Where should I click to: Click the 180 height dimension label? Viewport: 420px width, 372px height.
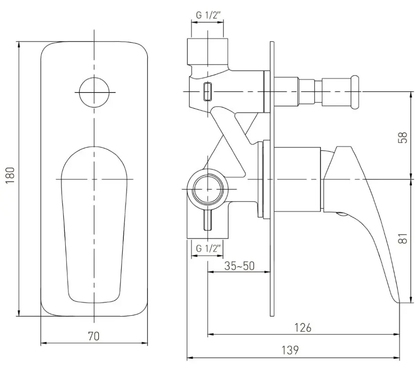click(x=10, y=176)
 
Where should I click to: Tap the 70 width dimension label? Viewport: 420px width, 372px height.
click(x=94, y=336)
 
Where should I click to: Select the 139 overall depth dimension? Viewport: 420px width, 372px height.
click(x=290, y=350)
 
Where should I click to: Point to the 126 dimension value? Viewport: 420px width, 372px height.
click(x=303, y=328)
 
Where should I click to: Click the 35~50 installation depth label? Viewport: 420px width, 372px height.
click(x=239, y=266)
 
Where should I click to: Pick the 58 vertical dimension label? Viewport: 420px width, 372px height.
click(x=403, y=137)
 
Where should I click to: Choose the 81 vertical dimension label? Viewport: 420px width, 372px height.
click(x=403, y=238)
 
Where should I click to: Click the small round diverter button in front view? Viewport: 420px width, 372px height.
click(x=94, y=92)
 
